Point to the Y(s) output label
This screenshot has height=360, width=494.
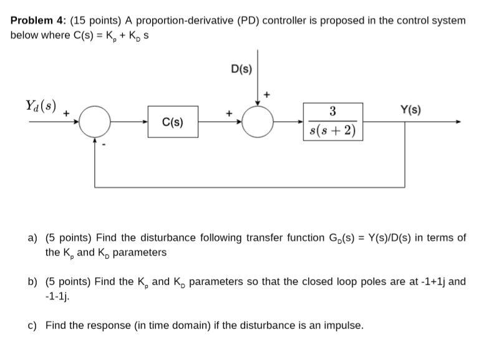[410, 110]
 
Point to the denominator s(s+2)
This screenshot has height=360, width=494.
[333, 131]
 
